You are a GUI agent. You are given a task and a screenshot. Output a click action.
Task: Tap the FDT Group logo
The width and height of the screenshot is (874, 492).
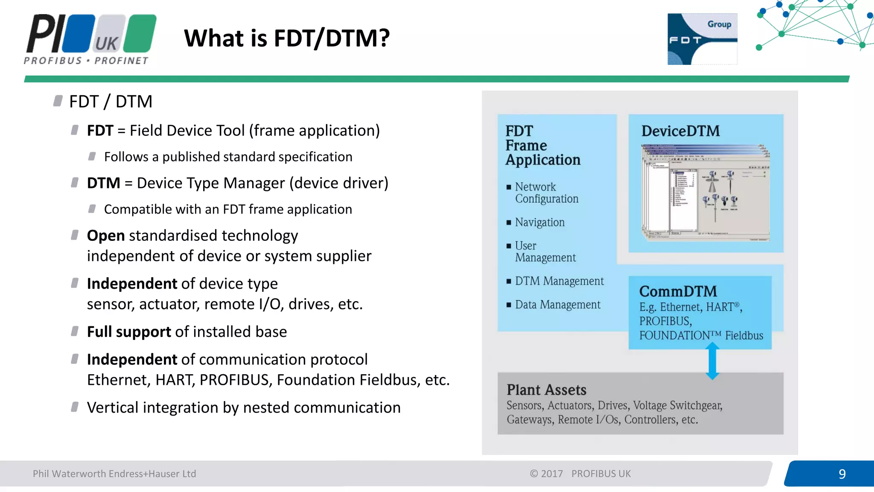click(702, 39)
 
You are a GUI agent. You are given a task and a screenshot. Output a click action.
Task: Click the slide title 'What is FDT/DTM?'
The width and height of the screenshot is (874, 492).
click(287, 38)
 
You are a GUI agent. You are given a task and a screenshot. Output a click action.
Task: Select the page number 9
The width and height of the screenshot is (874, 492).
click(842, 474)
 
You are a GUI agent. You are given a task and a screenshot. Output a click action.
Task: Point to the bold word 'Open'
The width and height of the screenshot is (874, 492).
click(106, 236)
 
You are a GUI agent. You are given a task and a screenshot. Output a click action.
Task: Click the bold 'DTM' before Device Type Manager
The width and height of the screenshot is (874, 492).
click(103, 183)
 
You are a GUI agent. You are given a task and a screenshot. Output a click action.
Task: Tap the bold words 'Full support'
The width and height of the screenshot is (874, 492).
click(129, 332)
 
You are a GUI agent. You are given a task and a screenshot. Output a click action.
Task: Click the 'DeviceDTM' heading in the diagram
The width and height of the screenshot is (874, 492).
click(680, 131)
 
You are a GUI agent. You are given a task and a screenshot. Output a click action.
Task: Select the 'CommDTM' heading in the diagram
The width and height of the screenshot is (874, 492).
click(678, 291)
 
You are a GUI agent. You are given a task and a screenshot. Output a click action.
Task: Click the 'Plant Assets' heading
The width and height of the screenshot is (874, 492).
click(546, 389)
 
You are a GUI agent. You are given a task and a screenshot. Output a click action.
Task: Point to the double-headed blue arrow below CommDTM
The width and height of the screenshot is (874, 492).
click(712, 361)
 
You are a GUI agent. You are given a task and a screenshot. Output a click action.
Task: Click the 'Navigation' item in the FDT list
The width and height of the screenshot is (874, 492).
click(539, 223)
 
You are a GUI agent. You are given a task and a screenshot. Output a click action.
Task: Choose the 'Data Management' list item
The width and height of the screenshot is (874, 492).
click(557, 305)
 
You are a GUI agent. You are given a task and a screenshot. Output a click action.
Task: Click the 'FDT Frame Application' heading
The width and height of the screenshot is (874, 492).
click(542, 145)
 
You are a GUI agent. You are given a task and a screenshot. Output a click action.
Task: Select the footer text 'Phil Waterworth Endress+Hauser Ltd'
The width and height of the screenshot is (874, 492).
click(114, 474)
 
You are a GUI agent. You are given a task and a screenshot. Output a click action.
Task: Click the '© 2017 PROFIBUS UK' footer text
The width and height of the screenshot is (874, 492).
click(580, 474)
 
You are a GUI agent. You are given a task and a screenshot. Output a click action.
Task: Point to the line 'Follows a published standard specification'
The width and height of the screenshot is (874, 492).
click(228, 157)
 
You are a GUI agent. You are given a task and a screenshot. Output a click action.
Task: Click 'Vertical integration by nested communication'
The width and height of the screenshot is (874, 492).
click(244, 408)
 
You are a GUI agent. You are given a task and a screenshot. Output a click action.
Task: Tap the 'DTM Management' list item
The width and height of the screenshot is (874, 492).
click(559, 281)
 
